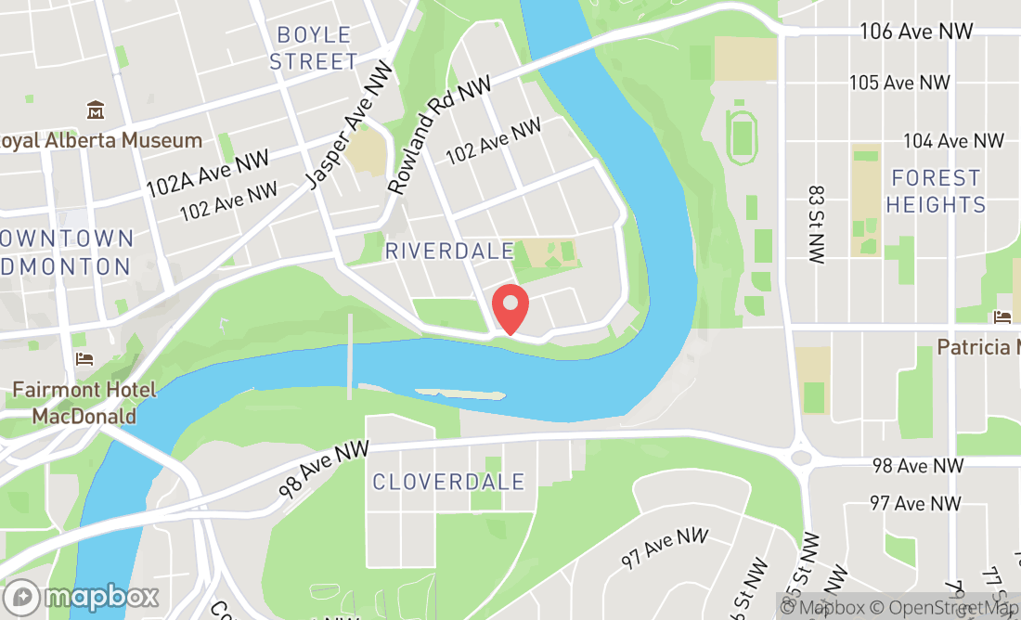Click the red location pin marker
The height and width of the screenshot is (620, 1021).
click(x=510, y=308)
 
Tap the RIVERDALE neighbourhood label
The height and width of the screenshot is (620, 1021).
click(x=449, y=251)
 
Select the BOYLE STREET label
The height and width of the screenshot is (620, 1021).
click(x=315, y=48)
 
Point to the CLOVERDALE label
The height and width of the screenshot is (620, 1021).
click(x=448, y=482)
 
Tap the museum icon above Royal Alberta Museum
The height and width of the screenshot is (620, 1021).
click(x=95, y=111)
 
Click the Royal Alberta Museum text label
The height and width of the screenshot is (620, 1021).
click(x=100, y=141)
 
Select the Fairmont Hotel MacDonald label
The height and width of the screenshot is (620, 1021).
click(x=84, y=403)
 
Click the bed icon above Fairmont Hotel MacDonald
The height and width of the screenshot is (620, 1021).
click(x=84, y=359)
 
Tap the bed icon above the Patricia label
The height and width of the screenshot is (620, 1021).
click(x=1002, y=316)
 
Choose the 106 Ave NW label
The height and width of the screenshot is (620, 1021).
click(x=916, y=32)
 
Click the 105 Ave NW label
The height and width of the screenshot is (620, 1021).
click(x=899, y=83)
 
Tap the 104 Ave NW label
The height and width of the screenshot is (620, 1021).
click(x=953, y=141)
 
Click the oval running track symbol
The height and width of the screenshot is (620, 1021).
click(x=741, y=136)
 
